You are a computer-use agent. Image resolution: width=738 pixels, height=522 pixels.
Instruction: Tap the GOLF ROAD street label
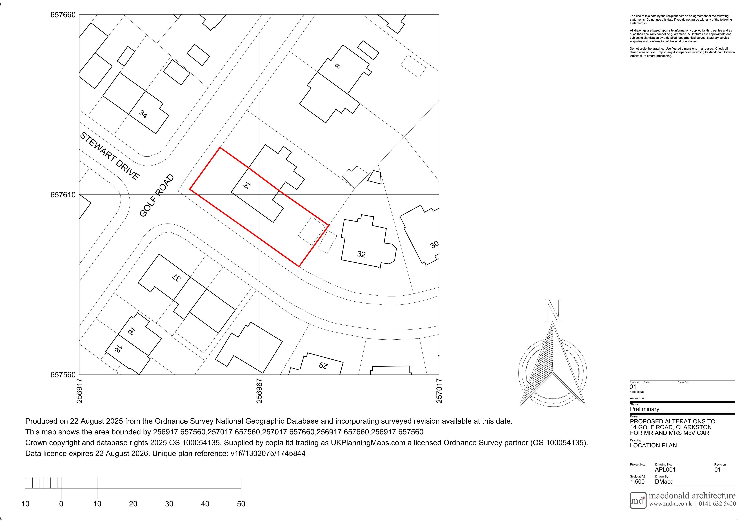tap(157, 196)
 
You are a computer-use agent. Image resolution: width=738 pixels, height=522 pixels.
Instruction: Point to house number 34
tap(143, 114)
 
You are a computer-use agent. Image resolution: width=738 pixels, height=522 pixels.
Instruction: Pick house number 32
tap(361, 254)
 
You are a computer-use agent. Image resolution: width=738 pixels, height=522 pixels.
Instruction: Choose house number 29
tap(323, 366)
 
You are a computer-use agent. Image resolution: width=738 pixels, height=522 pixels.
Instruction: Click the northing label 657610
tap(63, 195)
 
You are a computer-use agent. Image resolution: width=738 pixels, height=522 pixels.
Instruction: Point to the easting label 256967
tap(259, 391)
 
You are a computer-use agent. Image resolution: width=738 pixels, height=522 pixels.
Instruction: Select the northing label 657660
tap(63, 15)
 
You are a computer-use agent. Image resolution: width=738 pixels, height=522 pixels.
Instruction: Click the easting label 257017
tap(439, 391)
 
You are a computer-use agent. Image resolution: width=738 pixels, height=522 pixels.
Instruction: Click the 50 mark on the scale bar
tap(241, 504)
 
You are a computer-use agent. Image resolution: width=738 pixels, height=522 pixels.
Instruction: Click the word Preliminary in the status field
tap(644, 409)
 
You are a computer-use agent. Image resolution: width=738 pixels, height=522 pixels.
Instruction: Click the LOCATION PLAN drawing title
tap(653, 445)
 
